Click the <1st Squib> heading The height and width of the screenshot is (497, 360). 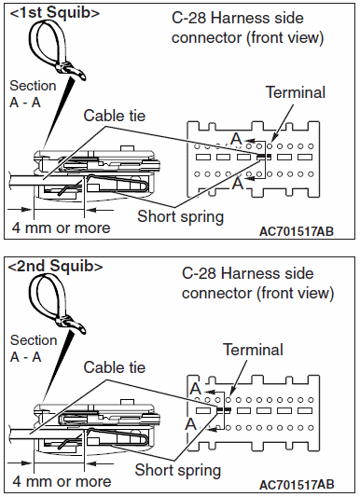click(x=55, y=13)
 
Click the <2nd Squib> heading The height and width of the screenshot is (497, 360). click(x=55, y=266)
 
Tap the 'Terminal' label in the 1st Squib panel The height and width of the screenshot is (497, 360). click(x=296, y=92)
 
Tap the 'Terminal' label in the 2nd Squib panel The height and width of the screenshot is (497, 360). click(x=253, y=350)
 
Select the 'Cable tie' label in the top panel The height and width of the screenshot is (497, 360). click(x=115, y=116)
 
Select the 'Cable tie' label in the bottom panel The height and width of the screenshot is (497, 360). click(x=115, y=367)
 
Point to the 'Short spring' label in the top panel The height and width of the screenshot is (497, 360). click(x=181, y=217)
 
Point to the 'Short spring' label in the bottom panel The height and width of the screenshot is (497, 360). click(x=178, y=470)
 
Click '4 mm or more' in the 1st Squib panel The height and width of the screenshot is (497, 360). click(x=62, y=228)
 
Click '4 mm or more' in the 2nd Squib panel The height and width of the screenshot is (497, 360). click(x=62, y=481)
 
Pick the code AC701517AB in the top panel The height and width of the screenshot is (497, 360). click(x=297, y=231)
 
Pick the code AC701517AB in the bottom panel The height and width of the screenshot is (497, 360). click(x=297, y=485)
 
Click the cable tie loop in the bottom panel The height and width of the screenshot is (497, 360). click(x=38, y=295)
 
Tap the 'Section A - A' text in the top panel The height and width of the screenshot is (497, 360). click(x=33, y=94)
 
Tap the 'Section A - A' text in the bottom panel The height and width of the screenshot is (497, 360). click(x=34, y=349)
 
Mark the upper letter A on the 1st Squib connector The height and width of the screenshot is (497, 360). click(x=236, y=139)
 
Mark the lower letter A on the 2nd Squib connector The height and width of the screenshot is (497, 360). click(x=191, y=423)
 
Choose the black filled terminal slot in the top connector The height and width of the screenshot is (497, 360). click(x=264, y=157)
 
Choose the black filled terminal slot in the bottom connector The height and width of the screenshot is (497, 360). click(x=224, y=410)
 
